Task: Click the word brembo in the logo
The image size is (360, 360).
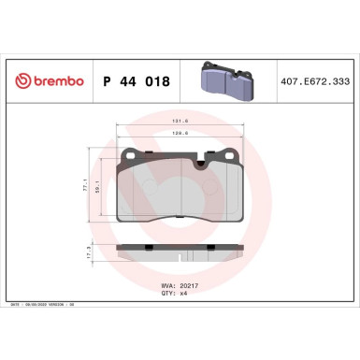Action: [x=54, y=81]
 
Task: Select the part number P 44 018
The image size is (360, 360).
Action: [x=136, y=81]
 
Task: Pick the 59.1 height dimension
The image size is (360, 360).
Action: [x=97, y=189]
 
